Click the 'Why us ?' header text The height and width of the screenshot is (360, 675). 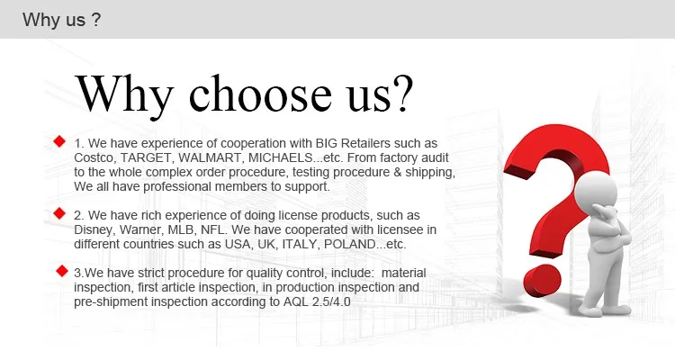click(61, 20)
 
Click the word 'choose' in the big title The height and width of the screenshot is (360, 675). click(260, 93)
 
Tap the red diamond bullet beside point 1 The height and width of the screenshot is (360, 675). click(59, 141)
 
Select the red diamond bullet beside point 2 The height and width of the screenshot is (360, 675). click(59, 213)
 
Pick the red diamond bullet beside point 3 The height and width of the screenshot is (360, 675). click(62, 271)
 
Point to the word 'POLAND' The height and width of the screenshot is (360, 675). click(349, 244)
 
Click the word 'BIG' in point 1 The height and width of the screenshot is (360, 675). click(327, 143)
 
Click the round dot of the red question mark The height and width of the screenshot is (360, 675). click(542, 281)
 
